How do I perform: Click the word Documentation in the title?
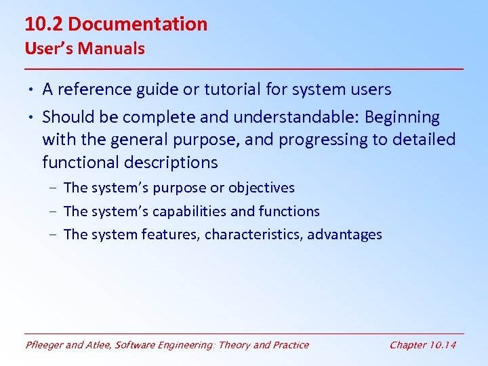pos(138,24)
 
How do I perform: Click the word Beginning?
pos(402,117)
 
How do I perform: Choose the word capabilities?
pos(189,211)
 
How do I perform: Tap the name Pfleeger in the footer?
pos(44,345)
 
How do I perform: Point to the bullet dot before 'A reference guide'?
pos(33,90)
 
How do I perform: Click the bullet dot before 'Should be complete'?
pos(33,118)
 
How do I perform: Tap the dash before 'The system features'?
pos(53,235)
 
